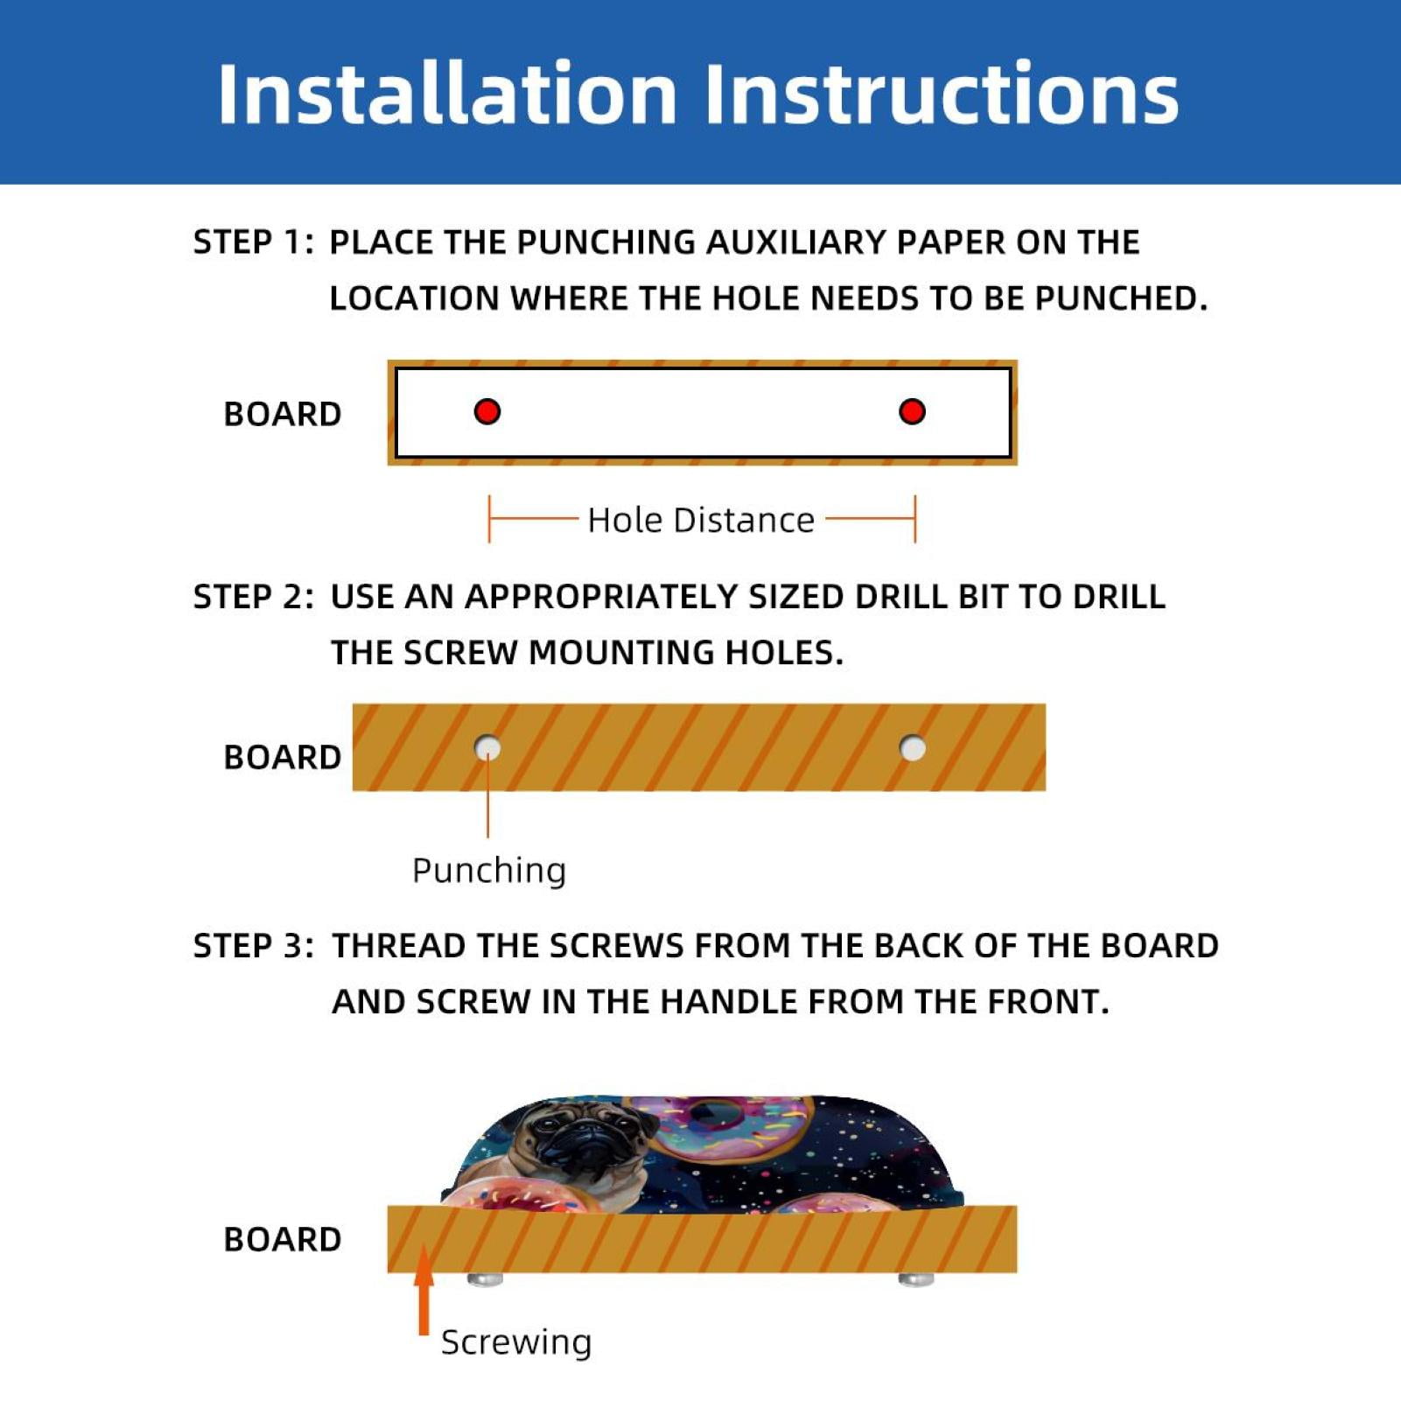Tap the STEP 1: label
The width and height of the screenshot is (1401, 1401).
pos(253,242)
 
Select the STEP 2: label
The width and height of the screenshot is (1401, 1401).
pos(253,597)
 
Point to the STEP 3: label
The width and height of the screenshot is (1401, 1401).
pos(253,946)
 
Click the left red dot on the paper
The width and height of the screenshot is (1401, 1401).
pos(487,411)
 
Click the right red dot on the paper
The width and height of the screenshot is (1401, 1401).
pos(912,411)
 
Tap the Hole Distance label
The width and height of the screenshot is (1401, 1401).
pos(701,520)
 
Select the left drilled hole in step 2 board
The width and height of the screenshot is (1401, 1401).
pos(487,748)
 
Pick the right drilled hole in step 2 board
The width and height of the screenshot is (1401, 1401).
pos(913,748)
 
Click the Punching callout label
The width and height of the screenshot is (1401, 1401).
pos(489,871)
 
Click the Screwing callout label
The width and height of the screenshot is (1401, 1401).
pos(516,1341)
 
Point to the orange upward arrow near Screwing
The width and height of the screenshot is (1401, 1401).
pos(424,1290)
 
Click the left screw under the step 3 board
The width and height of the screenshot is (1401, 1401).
pos(486,1279)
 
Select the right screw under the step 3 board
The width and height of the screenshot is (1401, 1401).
pos(916,1279)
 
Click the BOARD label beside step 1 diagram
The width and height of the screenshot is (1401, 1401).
pos(283,414)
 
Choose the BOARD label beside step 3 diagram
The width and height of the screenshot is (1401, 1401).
pos(283,1239)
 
